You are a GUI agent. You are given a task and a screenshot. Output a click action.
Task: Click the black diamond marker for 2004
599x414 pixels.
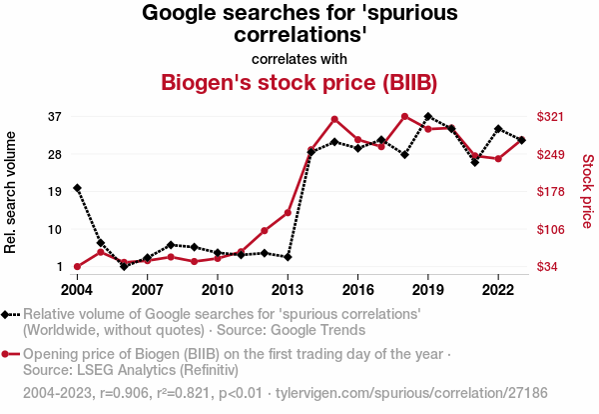point(77,188)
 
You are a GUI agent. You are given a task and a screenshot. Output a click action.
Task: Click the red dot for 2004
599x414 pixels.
point(77,267)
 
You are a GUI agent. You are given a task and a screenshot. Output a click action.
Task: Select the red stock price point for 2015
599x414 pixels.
point(334,119)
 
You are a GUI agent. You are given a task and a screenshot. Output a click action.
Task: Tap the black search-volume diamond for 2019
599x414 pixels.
point(428,117)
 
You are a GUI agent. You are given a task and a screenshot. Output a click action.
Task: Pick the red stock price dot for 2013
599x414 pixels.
point(288,213)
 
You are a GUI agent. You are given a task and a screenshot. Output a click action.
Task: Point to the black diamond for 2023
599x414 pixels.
point(522,140)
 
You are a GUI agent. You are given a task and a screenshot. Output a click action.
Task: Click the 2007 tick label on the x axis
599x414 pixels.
point(147,290)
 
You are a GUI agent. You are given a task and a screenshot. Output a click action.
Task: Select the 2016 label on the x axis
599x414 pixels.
point(357,290)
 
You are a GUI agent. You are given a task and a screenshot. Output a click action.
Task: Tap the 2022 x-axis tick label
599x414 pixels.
point(498,290)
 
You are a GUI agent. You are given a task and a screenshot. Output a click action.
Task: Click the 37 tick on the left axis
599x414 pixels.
point(55,117)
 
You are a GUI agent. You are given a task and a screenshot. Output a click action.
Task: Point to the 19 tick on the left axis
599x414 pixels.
point(55,191)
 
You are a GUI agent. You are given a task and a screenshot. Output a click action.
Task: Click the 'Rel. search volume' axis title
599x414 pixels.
point(12,191)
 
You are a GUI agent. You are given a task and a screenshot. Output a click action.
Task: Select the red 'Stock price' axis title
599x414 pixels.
point(587,190)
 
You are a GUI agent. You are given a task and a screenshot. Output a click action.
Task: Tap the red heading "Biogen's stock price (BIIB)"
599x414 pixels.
point(299,81)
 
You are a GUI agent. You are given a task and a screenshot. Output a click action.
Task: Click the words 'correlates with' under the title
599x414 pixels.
point(299,58)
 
